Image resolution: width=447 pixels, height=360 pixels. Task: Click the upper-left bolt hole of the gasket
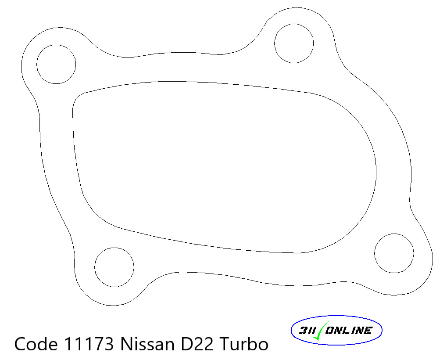(56, 64)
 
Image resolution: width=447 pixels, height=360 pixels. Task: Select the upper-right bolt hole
(294, 43)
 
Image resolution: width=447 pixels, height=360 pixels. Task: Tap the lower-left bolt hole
(114, 267)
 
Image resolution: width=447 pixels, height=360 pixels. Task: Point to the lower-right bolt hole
(394, 253)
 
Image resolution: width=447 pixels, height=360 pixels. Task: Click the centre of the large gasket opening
(224, 167)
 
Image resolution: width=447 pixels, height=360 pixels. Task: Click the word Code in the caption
(37, 343)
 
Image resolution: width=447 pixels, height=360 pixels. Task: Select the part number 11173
(90, 343)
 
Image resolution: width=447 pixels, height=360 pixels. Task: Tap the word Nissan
(148, 343)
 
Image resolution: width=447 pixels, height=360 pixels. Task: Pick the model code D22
(197, 343)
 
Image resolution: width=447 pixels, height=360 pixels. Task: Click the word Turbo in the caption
(243, 343)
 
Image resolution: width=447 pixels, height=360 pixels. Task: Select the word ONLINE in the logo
(349, 331)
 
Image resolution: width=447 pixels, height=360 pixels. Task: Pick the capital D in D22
(187, 343)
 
